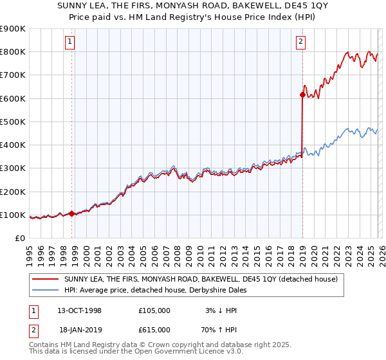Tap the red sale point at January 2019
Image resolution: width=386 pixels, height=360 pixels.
[302, 94]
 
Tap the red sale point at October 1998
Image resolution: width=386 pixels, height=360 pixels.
[71, 213]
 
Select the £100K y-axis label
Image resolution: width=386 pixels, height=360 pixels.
[13, 215]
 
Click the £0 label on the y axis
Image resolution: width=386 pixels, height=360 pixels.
[19, 239]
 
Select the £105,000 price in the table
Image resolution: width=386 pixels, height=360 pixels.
[154, 310]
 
